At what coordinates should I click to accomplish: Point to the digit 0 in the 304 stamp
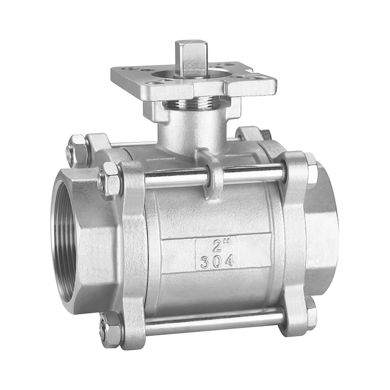(216, 261)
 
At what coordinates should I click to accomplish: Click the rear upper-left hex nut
(76, 150)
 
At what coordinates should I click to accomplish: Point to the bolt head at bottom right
(311, 312)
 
